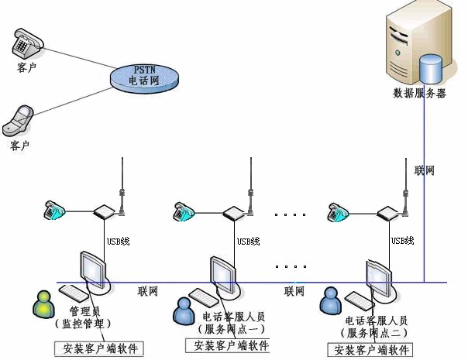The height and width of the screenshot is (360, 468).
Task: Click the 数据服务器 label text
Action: point(419,93)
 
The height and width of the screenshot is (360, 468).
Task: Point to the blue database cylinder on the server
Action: point(430,69)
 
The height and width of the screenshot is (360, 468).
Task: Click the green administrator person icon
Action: point(43,304)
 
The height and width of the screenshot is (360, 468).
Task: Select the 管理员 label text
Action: point(85,311)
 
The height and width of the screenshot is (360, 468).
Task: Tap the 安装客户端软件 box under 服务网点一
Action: point(228,345)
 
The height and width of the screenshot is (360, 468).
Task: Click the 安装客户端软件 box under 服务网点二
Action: point(370,350)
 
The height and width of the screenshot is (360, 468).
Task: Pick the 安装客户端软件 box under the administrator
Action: point(99,348)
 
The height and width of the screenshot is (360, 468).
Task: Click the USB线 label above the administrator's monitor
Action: point(119,241)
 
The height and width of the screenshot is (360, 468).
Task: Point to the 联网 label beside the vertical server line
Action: point(424,170)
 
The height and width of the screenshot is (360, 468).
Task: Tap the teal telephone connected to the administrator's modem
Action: point(54,211)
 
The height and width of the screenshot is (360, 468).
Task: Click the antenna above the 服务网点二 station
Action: point(405,187)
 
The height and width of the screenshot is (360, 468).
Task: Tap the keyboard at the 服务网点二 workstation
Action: point(360,301)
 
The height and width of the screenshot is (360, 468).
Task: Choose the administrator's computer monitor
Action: point(93,270)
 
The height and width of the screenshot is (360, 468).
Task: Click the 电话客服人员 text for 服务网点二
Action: point(377,321)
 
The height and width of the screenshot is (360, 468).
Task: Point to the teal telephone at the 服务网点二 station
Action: point(338,212)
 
